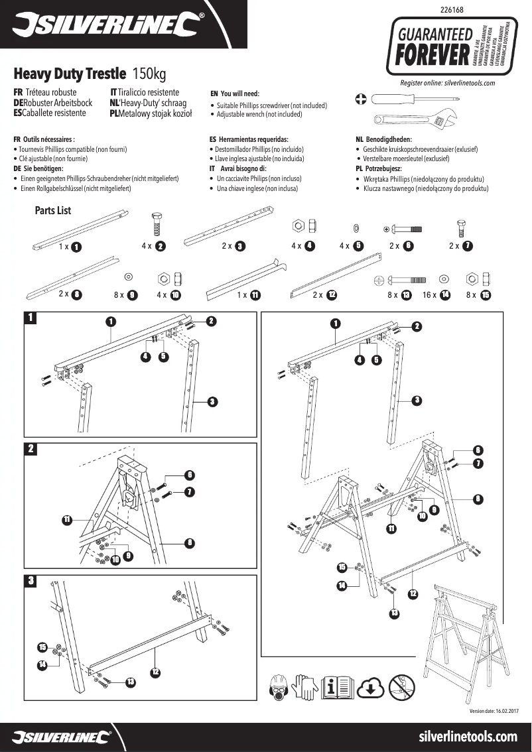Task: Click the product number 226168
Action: [452, 10]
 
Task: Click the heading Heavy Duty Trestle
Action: [70, 73]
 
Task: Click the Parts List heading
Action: [52, 211]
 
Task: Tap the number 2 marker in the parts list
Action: [160, 246]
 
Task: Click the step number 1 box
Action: [31, 318]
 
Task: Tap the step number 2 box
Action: [31, 449]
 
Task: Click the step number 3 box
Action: [31, 582]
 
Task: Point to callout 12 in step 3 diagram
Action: [155, 672]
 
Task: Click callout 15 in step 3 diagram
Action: [42, 647]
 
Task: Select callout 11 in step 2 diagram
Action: [67, 519]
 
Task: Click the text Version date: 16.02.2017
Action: [493, 711]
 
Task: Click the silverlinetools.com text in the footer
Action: [468, 737]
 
